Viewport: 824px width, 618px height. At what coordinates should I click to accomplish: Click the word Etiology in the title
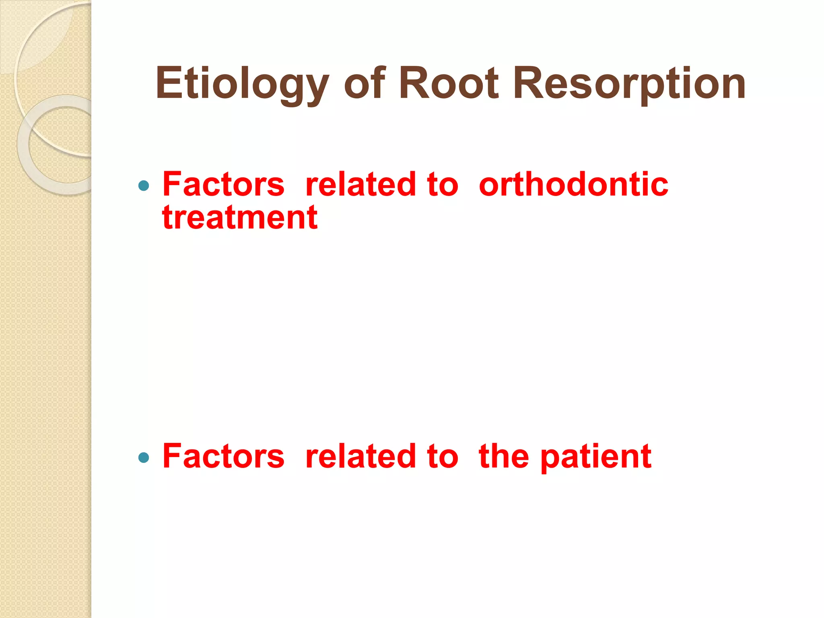(x=242, y=83)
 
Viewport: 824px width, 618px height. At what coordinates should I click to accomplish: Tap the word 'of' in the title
(x=365, y=83)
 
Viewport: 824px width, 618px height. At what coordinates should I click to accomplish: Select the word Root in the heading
(x=449, y=83)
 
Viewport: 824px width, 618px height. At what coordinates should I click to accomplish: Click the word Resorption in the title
(x=630, y=83)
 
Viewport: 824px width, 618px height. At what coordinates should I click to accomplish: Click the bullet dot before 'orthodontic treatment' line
(x=144, y=185)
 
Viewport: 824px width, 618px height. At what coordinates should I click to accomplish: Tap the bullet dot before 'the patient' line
(x=144, y=457)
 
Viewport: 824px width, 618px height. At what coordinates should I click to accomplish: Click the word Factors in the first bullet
(x=223, y=184)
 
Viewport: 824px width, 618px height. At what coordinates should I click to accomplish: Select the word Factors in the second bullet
(x=223, y=456)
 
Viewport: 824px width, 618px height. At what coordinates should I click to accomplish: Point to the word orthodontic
(x=573, y=184)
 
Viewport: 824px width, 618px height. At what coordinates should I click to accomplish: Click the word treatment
(x=240, y=218)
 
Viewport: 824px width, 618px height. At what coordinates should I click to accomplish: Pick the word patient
(x=596, y=457)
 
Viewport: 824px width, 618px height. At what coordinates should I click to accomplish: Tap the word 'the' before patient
(x=504, y=456)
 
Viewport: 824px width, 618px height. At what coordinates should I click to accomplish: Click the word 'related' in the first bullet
(x=360, y=184)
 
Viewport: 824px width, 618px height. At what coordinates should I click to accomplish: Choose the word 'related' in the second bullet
(x=360, y=456)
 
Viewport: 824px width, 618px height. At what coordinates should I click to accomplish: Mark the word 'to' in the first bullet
(x=443, y=184)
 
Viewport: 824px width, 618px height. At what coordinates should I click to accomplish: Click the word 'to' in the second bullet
(x=443, y=456)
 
